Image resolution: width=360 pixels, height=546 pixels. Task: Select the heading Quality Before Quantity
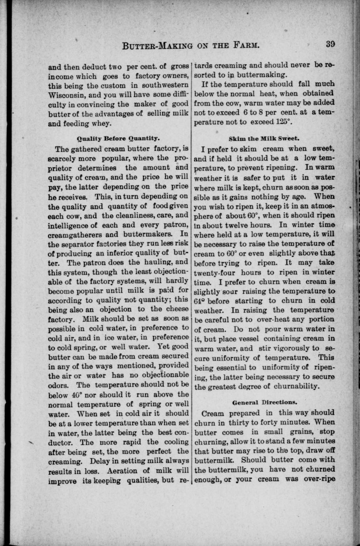(x=118, y=138)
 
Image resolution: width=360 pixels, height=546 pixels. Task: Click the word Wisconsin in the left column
(x=66, y=95)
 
